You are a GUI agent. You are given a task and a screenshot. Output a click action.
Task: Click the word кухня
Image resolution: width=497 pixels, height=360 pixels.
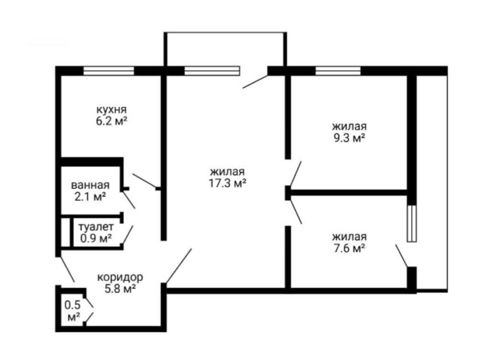pyautogui.click(x=111, y=110)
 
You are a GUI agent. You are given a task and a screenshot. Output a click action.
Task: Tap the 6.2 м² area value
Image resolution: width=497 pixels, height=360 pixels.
pyautogui.click(x=111, y=121)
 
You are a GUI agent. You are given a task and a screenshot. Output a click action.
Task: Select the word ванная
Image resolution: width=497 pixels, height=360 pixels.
pyautogui.click(x=90, y=185)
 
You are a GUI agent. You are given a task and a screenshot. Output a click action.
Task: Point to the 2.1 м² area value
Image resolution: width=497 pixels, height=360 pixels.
pyautogui.click(x=90, y=197)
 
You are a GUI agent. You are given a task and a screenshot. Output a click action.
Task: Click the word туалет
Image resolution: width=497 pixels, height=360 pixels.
pyautogui.click(x=96, y=227)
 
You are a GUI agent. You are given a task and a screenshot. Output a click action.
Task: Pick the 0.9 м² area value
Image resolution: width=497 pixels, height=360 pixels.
pyautogui.click(x=96, y=238)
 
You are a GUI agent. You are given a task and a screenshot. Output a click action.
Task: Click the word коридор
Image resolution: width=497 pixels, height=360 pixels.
pyautogui.click(x=120, y=277)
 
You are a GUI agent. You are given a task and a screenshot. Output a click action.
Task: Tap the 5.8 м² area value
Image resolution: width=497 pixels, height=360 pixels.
pyautogui.click(x=121, y=288)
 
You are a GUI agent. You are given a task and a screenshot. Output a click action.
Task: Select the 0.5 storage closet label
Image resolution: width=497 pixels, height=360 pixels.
pyautogui.click(x=73, y=305)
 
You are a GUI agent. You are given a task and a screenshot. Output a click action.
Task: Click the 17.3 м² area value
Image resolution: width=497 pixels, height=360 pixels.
pyautogui.click(x=228, y=183)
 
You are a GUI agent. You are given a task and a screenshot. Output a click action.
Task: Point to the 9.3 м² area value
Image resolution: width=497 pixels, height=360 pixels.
pyautogui.click(x=349, y=138)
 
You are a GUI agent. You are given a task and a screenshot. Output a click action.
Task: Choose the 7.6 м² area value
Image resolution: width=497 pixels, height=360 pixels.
pyautogui.click(x=349, y=248)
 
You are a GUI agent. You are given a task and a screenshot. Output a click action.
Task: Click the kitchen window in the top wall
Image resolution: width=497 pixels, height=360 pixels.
pyautogui.click(x=109, y=71)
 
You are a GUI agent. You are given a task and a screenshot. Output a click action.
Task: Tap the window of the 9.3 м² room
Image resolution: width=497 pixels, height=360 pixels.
pyautogui.click(x=338, y=71)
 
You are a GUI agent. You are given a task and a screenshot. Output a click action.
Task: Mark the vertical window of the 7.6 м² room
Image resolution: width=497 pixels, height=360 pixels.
pyautogui.click(x=412, y=224)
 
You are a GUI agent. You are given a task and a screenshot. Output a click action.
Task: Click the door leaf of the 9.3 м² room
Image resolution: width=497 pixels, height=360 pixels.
pyautogui.click(x=295, y=174)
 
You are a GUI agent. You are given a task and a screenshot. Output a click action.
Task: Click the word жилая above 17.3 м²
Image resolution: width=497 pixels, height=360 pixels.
pyautogui.click(x=228, y=172)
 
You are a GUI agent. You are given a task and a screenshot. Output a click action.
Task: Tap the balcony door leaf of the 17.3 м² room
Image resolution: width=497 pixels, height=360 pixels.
pyautogui.click(x=255, y=81)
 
